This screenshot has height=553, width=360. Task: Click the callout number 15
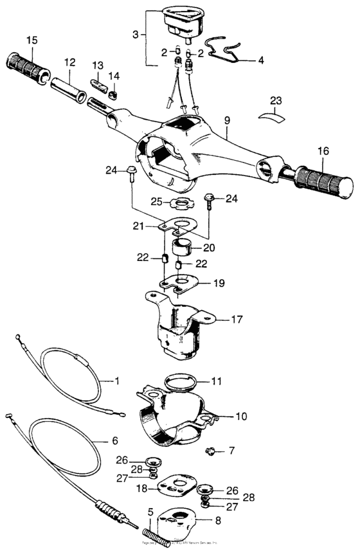[31, 41]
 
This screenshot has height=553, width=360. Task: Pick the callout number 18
[140, 488]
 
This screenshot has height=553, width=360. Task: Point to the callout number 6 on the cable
[115, 440]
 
